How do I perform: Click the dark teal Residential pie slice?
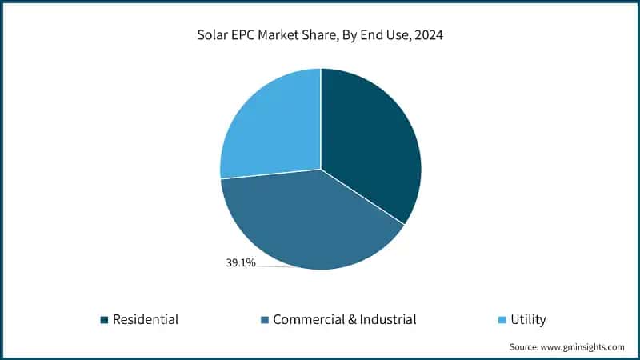pos(368,144)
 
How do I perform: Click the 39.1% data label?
pos(241,262)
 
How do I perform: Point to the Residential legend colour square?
pos(104,320)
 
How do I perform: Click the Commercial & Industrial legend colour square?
pos(264,320)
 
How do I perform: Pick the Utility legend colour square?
pos(502,320)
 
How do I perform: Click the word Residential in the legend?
pos(146,320)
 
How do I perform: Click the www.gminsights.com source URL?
pos(585,347)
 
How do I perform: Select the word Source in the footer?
pos(526,347)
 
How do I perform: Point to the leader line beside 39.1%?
pos(276,266)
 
